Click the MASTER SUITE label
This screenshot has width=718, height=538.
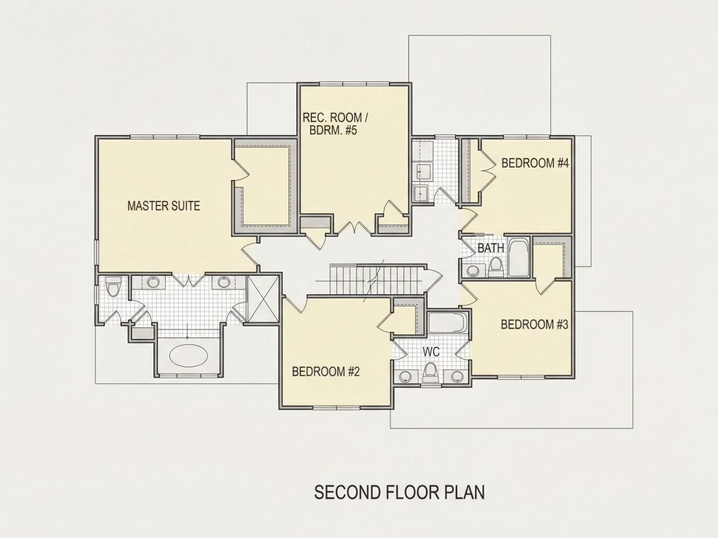163,206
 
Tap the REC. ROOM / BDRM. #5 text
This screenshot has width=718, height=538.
336,123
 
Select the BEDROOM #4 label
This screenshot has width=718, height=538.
535,163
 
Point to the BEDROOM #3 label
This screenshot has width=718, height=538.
535,324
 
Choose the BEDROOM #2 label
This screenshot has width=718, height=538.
326,372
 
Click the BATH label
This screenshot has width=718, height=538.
490,248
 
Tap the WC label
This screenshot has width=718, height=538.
431,351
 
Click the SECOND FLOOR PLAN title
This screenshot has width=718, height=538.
399,492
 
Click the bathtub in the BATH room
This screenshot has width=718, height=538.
518,258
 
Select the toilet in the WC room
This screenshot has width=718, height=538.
430,372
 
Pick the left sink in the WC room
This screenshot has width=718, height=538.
405,377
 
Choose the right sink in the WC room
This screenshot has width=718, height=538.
456,377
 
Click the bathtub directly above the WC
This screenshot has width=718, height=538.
447,323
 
